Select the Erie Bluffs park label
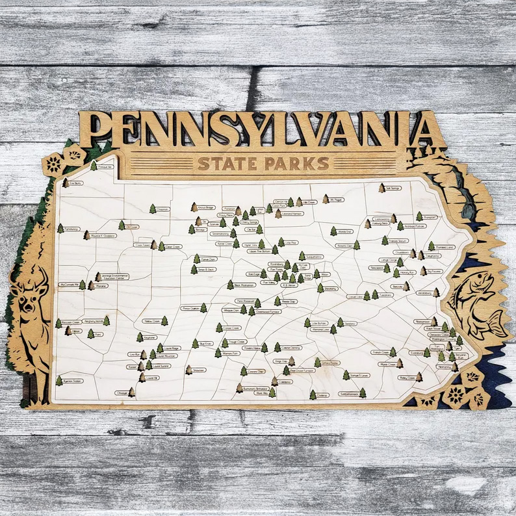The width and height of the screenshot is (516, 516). (77, 184)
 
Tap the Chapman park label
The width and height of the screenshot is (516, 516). (162, 209)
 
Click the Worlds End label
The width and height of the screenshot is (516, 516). (345, 231)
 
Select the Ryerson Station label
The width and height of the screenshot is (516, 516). (73, 381)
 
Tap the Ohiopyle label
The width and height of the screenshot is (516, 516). (122, 393)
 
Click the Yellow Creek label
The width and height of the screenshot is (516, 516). (153, 321)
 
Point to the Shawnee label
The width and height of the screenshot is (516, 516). (199, 370)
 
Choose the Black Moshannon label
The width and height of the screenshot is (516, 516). (245, 285)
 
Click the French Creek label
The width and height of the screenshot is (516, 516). (381, 352)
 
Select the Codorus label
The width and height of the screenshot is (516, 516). (322, 394)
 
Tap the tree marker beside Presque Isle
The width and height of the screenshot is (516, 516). (94, 166)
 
